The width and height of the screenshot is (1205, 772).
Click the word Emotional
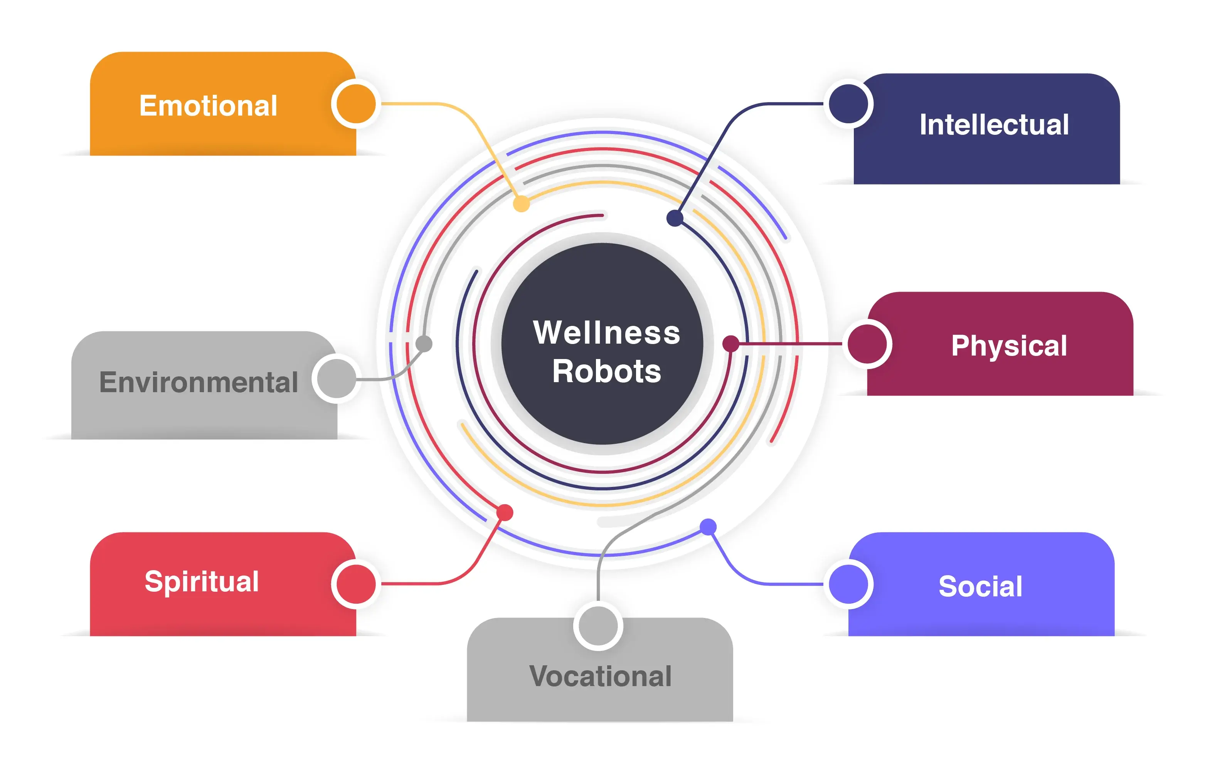(x=208, y=106)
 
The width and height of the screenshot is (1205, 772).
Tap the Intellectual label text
(x=993, y=125)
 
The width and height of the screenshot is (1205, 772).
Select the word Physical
(x=1008, y=346)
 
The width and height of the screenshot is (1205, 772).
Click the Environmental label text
(x=198, y=382)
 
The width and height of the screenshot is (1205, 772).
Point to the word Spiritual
(x=202, y=582)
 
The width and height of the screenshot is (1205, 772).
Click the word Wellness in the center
(x=606, y=332)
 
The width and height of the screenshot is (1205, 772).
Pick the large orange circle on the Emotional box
(x=356, y=104)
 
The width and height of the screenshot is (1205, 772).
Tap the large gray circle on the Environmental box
(x=336, y=378)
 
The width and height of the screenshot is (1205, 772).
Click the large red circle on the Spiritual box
(x=356, y=584)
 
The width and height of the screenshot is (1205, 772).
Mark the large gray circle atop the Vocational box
(x=598, y=626)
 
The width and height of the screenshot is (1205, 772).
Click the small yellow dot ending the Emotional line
(x=521, y=204)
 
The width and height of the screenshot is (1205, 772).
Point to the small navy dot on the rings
(x=674, y=218)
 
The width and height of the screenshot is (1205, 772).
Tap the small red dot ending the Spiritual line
(x=505, y=512)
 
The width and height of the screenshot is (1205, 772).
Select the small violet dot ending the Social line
(x=707, y=526)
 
